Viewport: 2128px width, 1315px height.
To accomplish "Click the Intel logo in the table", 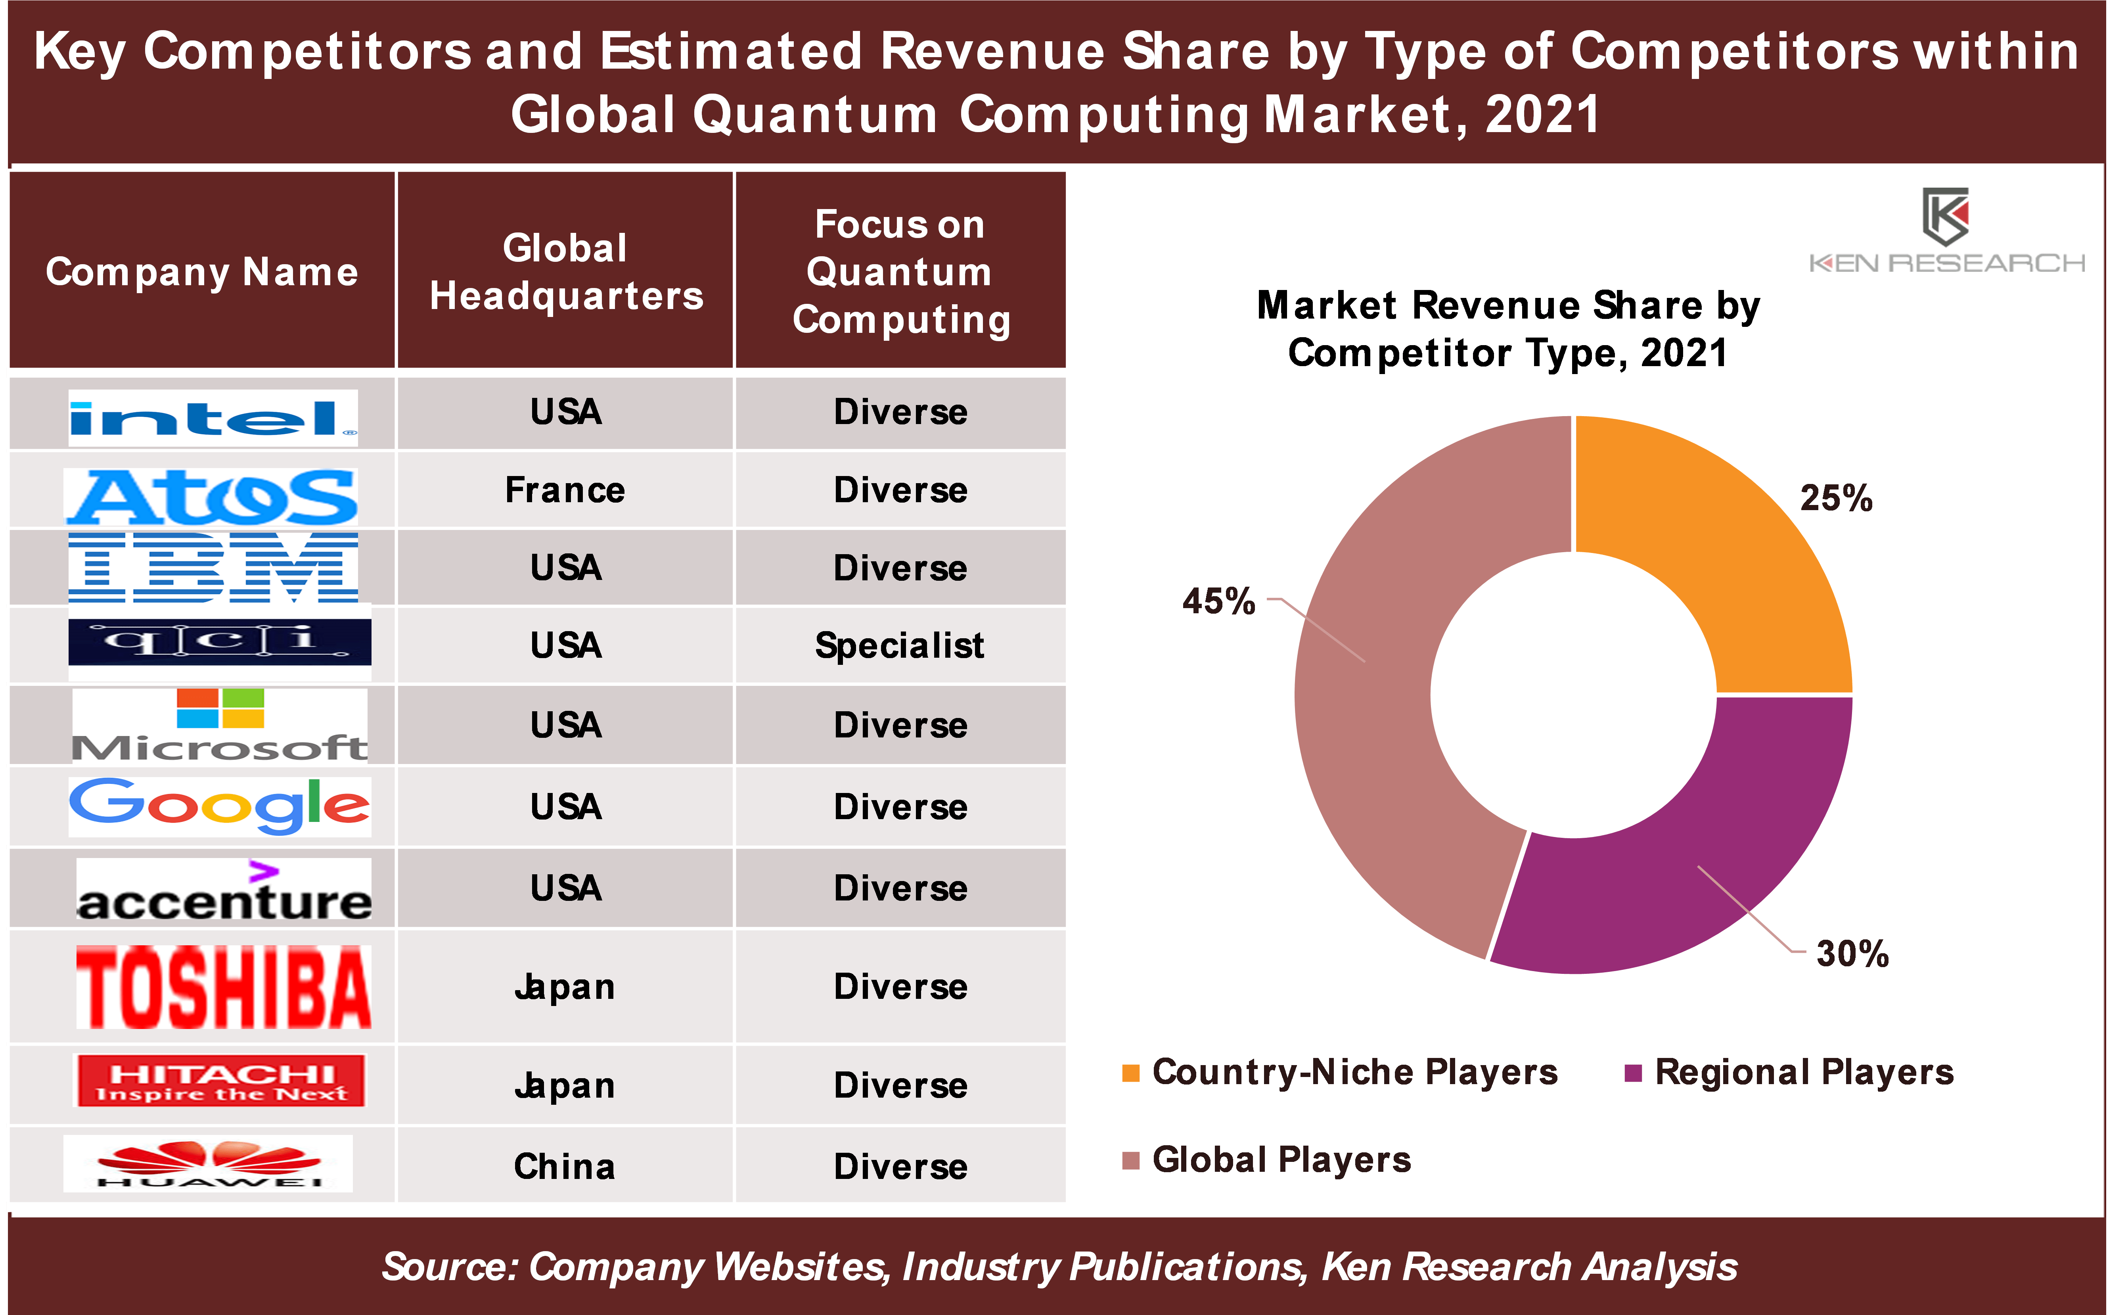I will tap(213, 418).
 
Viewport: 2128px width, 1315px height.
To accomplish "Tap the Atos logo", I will tap(211, 496).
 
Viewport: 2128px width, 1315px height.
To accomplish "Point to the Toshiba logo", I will tap(223, 987).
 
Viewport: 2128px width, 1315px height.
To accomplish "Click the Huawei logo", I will tap(209, 1164).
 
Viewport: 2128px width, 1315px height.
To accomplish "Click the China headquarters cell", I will tap(565, 1166).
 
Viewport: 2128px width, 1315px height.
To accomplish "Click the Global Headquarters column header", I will tap(565, 271).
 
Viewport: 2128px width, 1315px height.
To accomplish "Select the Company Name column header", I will tap(202, 271).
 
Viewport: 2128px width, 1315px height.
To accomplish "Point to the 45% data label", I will tap(1219, 601).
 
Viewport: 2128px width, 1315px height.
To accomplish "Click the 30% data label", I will tap(1852, 953).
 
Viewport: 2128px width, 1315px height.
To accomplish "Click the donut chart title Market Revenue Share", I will tap(1508, 329).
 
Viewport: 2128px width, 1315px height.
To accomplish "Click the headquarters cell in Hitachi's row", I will tap(565, 1085).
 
